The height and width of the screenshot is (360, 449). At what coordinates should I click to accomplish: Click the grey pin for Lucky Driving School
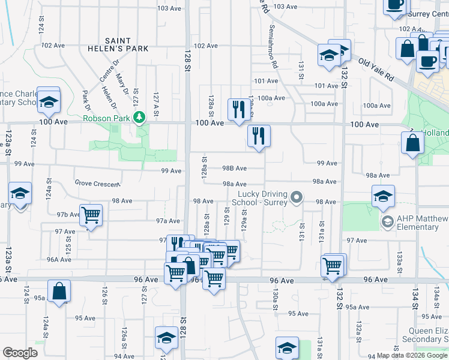[x=295, y=197]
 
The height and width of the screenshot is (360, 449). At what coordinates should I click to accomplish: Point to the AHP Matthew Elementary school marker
[x=388, y=223]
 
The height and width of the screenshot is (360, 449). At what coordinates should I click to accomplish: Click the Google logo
[x=20, y=353]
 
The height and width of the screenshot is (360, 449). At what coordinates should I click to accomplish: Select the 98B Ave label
[x=234, y=169]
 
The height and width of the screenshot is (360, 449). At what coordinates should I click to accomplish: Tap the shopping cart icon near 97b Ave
[x=91, y=214]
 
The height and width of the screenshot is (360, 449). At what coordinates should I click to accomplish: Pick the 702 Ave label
[x=52, y=45]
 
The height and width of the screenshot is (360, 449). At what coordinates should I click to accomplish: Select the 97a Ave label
[x=168, y=221]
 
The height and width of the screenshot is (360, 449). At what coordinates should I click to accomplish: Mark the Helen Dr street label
[x=108, y=97]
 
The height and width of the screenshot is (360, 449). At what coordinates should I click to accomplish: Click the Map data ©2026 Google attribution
[x=412, y=355]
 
